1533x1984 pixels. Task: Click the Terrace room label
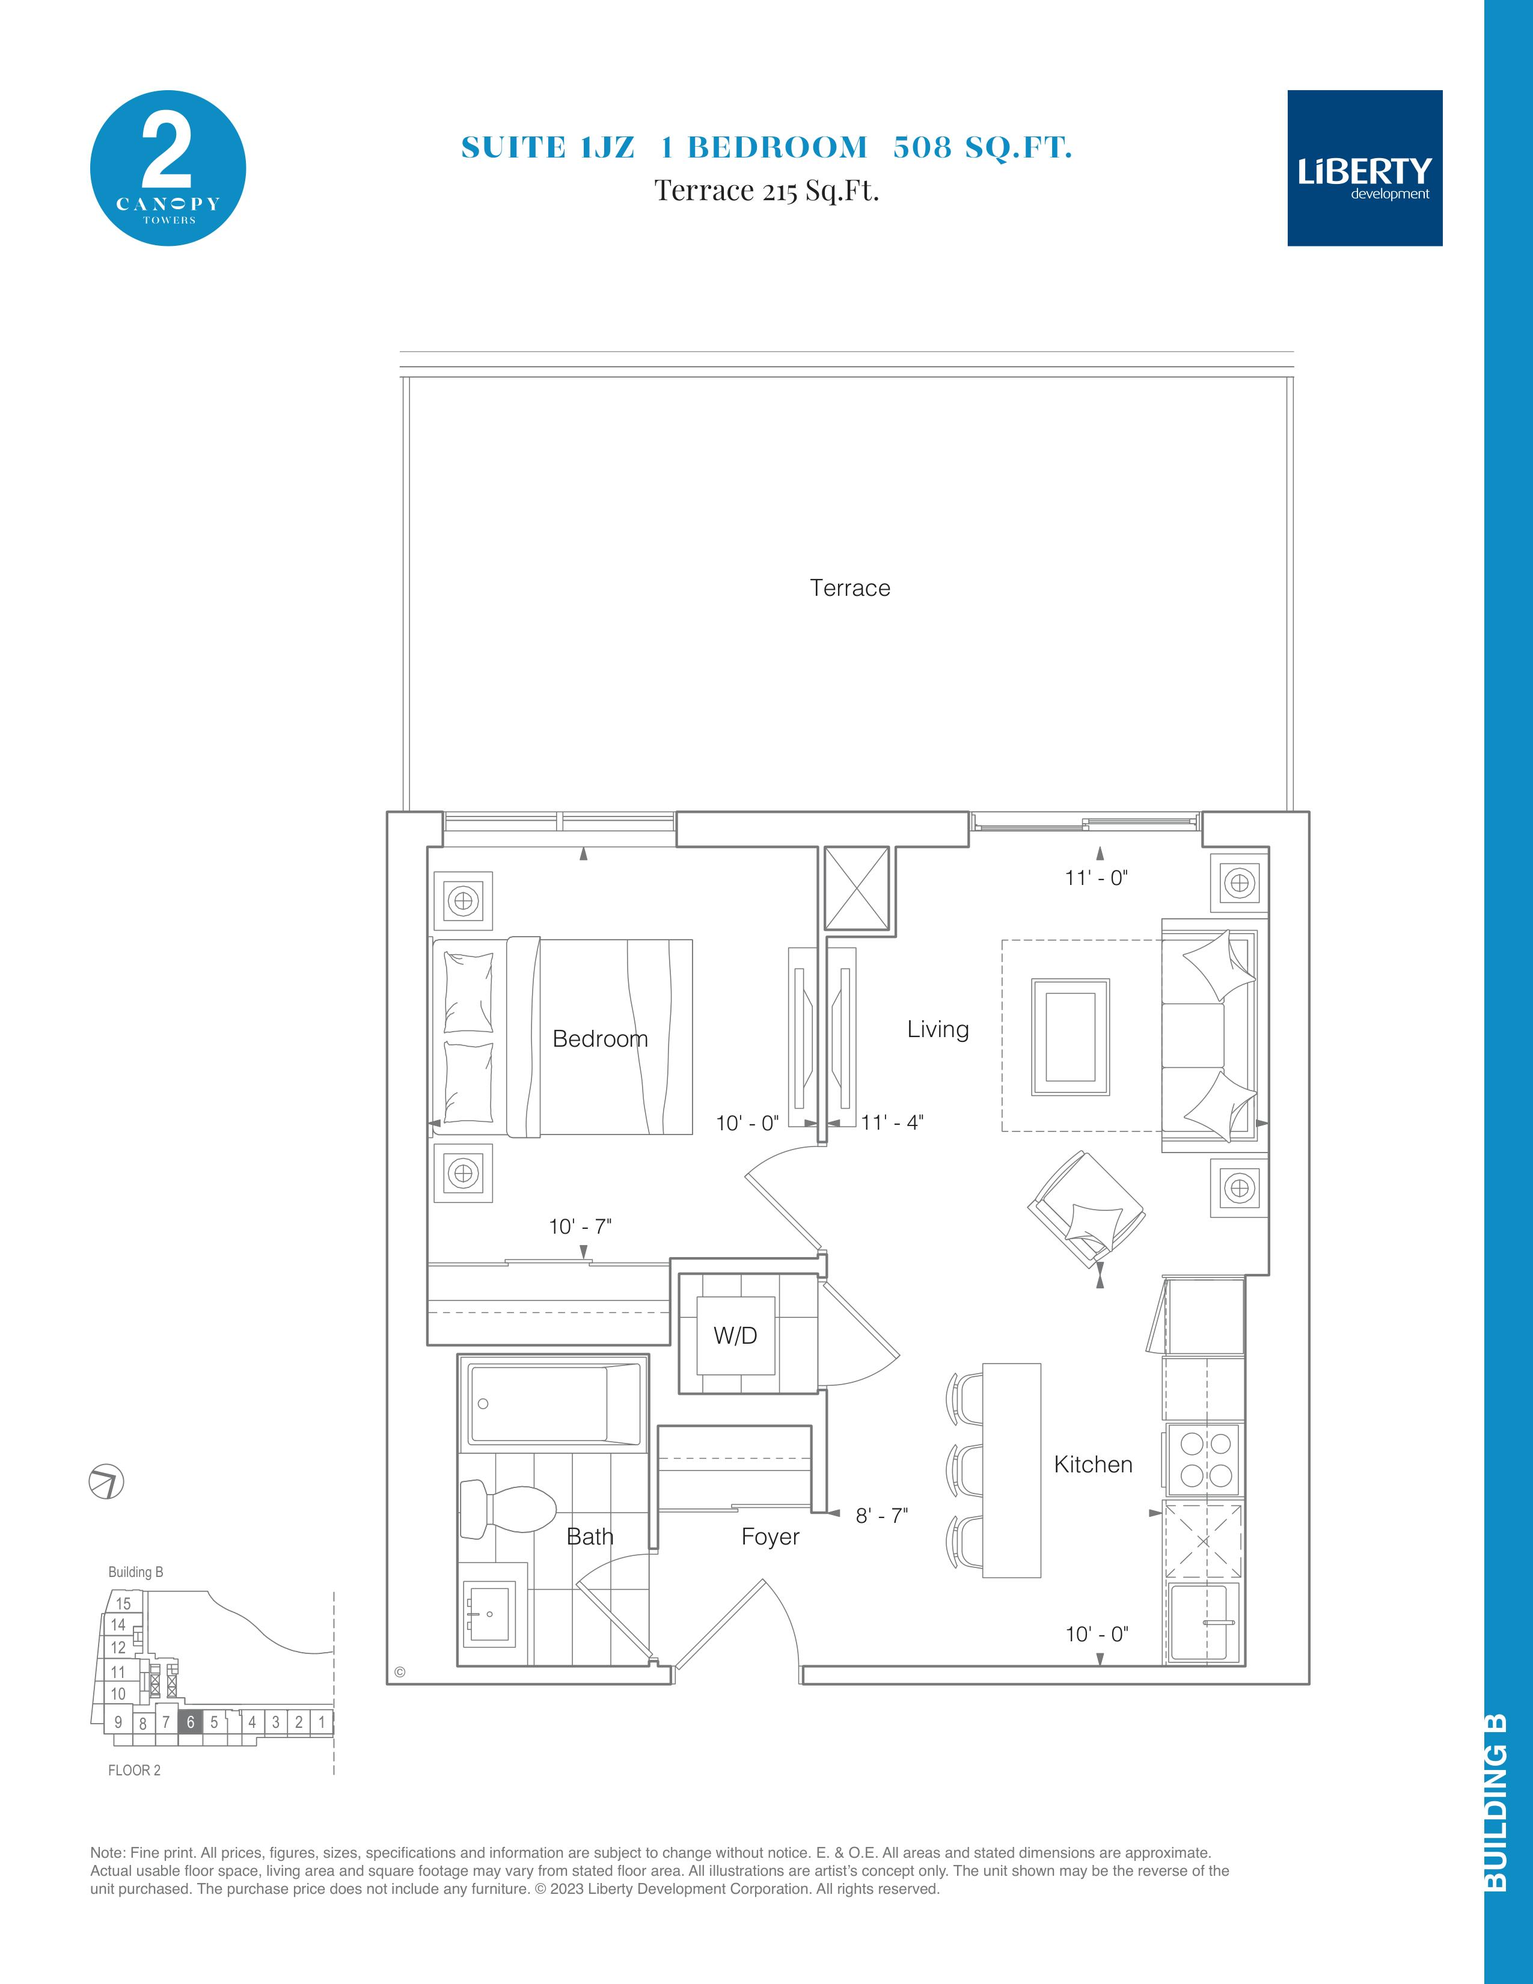[850, 588]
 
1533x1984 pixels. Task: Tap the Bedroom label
[601, 1038]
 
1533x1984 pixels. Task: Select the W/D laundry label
[736, 1335]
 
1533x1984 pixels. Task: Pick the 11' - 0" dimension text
[1096, 878]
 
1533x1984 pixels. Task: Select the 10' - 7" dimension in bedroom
[580, 1226]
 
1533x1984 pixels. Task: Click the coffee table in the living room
[1071, 1036]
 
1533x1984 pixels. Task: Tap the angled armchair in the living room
[1086, 1209]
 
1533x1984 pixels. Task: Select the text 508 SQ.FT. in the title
[983, 147]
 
